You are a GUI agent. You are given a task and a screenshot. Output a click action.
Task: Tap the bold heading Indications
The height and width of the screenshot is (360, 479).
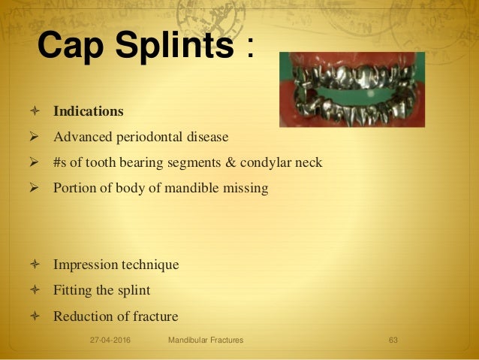88,111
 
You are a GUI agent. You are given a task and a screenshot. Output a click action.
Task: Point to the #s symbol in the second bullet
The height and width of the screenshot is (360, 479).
59,162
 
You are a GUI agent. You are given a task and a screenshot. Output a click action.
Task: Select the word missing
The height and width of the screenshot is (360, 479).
247,188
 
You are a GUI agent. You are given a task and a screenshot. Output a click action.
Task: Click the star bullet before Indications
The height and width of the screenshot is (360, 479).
34,111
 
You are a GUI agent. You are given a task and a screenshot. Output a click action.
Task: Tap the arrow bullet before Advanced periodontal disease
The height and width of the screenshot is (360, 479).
34,137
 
